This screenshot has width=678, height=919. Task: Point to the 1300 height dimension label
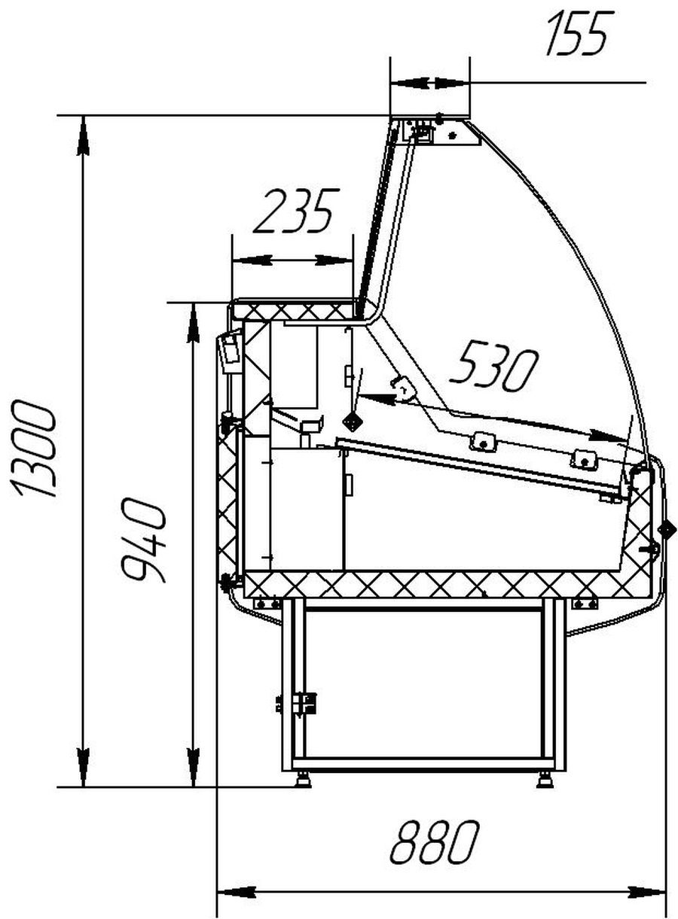pos(35,449)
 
